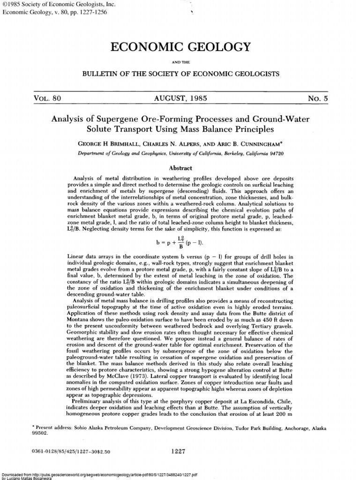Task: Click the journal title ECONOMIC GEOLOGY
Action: tap(180, 47)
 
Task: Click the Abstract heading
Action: tap(180, 167)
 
